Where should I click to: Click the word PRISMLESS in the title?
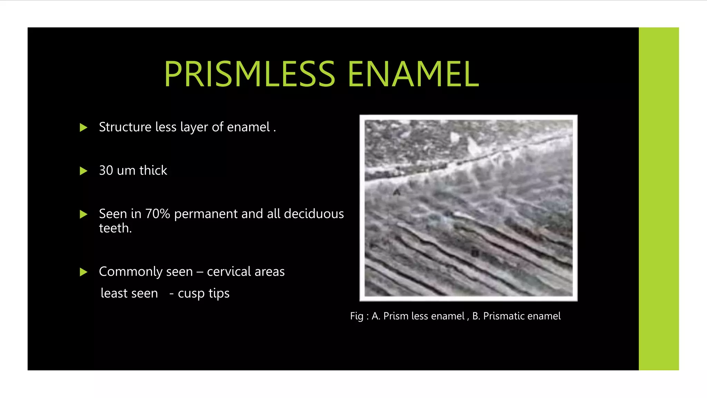250,74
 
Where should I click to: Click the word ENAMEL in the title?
413,74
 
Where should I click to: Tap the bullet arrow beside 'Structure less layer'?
83,127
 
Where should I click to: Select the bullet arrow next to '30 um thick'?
83,171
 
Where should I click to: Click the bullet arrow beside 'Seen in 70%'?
83,214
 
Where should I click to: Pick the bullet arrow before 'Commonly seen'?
83,272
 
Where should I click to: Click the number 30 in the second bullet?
106,170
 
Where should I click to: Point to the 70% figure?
158,214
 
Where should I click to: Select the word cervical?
229,272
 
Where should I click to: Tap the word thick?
153,170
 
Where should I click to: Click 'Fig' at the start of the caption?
356,316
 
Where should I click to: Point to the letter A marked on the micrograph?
397,192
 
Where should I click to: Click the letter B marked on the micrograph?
475,253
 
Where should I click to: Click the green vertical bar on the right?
658,199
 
